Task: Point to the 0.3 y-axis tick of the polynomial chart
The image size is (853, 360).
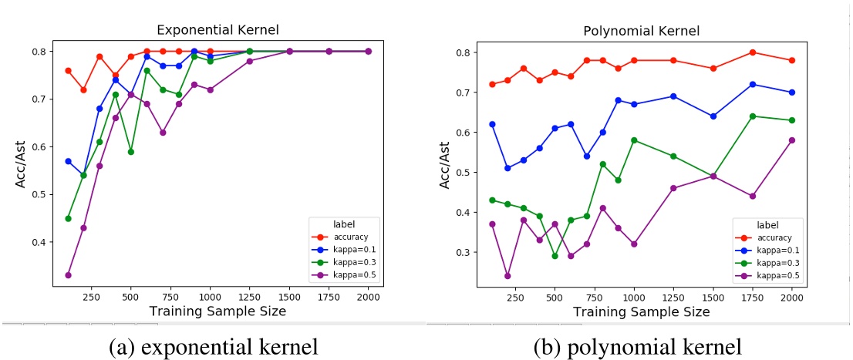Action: [x=464, y=252]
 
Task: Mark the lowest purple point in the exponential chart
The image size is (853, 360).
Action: [x=68, y=274]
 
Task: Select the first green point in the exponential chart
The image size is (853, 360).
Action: [x=68, y=218]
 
